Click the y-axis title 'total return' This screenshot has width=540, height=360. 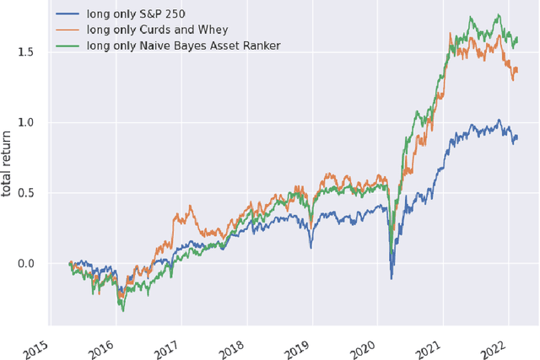pyautogui.click(x=8, y=165)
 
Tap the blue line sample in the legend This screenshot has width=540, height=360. pyautogui.click(x=67, y=14)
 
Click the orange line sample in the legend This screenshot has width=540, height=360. pyautogui.click(x=67, y=29)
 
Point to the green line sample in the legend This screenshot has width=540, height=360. pyautogui.click(x=67, y=43)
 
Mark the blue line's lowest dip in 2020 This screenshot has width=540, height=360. pyautogui.click(x=391, y=278)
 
